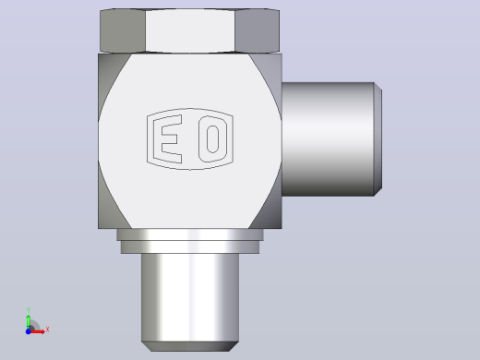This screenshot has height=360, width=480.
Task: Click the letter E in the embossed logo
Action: click(168, 139)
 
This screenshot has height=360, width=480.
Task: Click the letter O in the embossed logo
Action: click(213, 139)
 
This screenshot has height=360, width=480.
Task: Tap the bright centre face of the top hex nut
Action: click(190, 30)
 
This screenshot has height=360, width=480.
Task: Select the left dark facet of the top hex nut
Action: click(123, 30)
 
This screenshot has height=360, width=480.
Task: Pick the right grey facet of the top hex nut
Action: click(258, 30)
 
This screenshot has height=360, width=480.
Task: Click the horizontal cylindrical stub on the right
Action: click(328, 139)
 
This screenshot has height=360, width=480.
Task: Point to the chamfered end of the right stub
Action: click(378, 139)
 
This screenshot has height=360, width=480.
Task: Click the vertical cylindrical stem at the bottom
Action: click(190, 297)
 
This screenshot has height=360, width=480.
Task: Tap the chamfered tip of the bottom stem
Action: click(190, 346)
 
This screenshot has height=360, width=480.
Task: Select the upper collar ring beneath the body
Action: click(190, 234)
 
